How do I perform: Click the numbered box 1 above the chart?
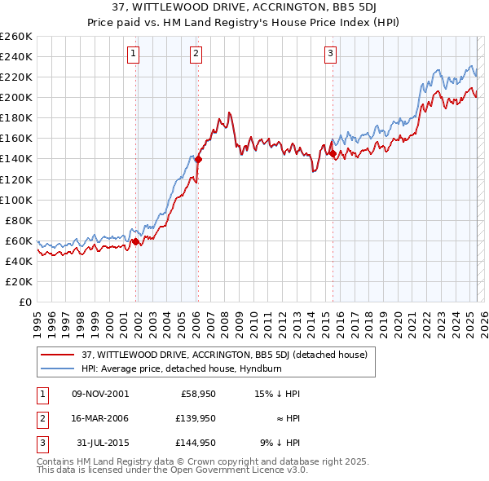tap(133, 55)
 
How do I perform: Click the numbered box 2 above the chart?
tap(196, 55)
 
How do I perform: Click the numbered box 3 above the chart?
tap(331, 55)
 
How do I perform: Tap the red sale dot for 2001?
tap(135, 241)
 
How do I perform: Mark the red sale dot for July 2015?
tap(333, 153)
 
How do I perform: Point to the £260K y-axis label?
tap(16, 37)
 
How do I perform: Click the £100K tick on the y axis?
tap(16, 200)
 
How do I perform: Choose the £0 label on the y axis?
tap(24, 302)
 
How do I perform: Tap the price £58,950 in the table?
tap(196, 394)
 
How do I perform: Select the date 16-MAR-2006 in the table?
tap(100, 417)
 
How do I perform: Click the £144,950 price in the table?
tap(196, 443)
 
